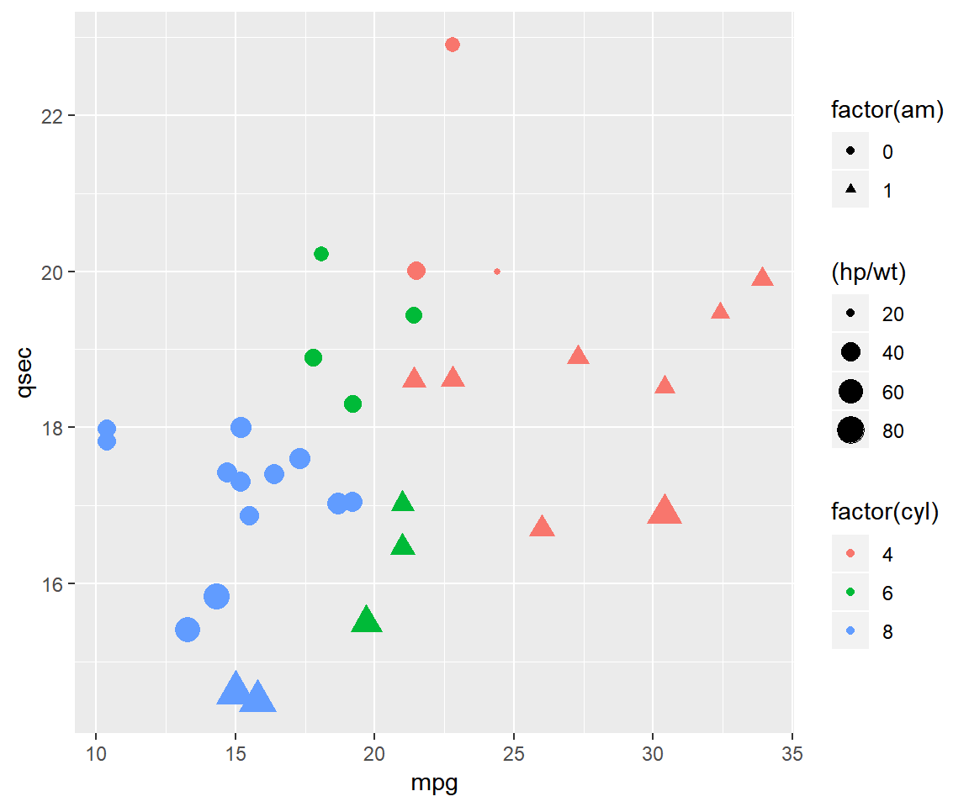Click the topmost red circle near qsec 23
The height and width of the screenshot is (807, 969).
point(453,45)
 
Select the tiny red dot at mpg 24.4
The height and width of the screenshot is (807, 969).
point(497,272)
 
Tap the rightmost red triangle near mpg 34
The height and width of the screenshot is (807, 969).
point(762,278)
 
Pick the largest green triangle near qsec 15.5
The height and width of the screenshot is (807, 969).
point(366,620)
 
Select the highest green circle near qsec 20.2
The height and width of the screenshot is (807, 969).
point(321,254)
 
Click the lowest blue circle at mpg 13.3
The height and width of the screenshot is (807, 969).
point(188,630)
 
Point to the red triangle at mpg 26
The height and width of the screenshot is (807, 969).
point(542,528)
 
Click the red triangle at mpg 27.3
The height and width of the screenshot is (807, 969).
point(578,356)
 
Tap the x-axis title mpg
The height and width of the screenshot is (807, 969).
point(433,783)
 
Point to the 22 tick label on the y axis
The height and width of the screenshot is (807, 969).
point(52,116)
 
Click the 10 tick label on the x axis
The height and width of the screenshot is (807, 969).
point(96,753)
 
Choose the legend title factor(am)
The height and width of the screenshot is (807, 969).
point(887,110)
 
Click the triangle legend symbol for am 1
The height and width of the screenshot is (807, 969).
point(850,191)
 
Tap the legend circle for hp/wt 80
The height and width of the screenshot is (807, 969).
point(850,431)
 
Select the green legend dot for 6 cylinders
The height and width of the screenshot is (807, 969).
point(850,593)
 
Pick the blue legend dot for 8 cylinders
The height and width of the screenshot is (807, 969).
point(850,632)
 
